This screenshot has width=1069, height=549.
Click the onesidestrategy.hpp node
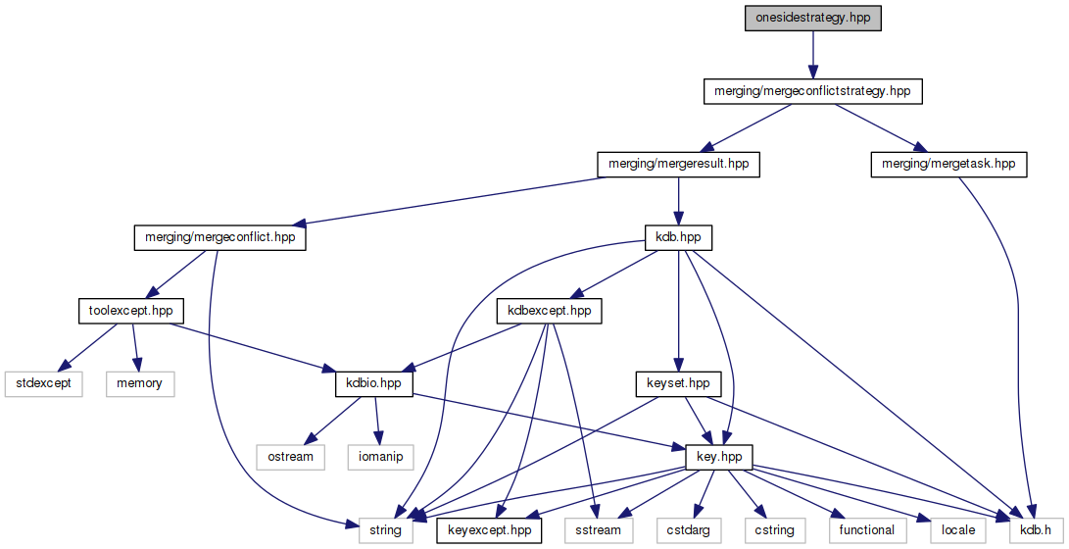(811, 18)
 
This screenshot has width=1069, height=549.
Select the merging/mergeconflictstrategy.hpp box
(813, 91)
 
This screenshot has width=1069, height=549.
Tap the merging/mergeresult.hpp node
(679, 164)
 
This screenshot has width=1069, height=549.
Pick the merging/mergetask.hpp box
(948, 164)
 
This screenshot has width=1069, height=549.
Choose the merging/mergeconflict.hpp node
(219, 237)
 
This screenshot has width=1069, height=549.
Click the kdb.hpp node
(678, 237)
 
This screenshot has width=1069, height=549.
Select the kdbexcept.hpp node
(549, 311)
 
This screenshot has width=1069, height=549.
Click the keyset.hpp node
(678, 383)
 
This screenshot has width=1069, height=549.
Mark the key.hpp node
(725, 457)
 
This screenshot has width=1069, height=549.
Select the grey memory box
(139, 383)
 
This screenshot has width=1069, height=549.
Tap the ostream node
(291, 457)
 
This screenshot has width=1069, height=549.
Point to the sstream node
(598, 530)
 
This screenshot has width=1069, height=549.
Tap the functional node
(866, 530)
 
